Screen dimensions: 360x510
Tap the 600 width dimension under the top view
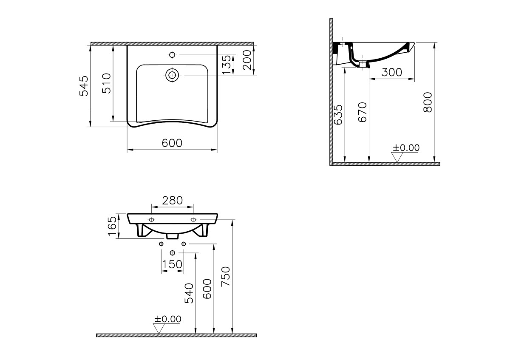point(172,143)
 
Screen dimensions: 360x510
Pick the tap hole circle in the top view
point(172,54)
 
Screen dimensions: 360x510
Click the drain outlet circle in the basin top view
point(172,75)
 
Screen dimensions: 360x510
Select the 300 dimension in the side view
point(391,72)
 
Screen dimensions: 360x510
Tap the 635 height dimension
point(338,115)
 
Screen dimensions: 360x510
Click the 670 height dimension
point(362,113)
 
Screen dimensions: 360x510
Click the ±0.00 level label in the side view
point(405,147)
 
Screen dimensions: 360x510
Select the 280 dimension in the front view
point(172,200)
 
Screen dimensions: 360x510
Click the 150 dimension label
point(172,264)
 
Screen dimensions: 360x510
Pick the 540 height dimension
point(189,293)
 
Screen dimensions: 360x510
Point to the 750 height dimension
point(226,276)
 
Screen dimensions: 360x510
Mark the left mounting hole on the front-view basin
point(151,219)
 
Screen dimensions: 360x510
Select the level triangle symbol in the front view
point(159,328)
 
